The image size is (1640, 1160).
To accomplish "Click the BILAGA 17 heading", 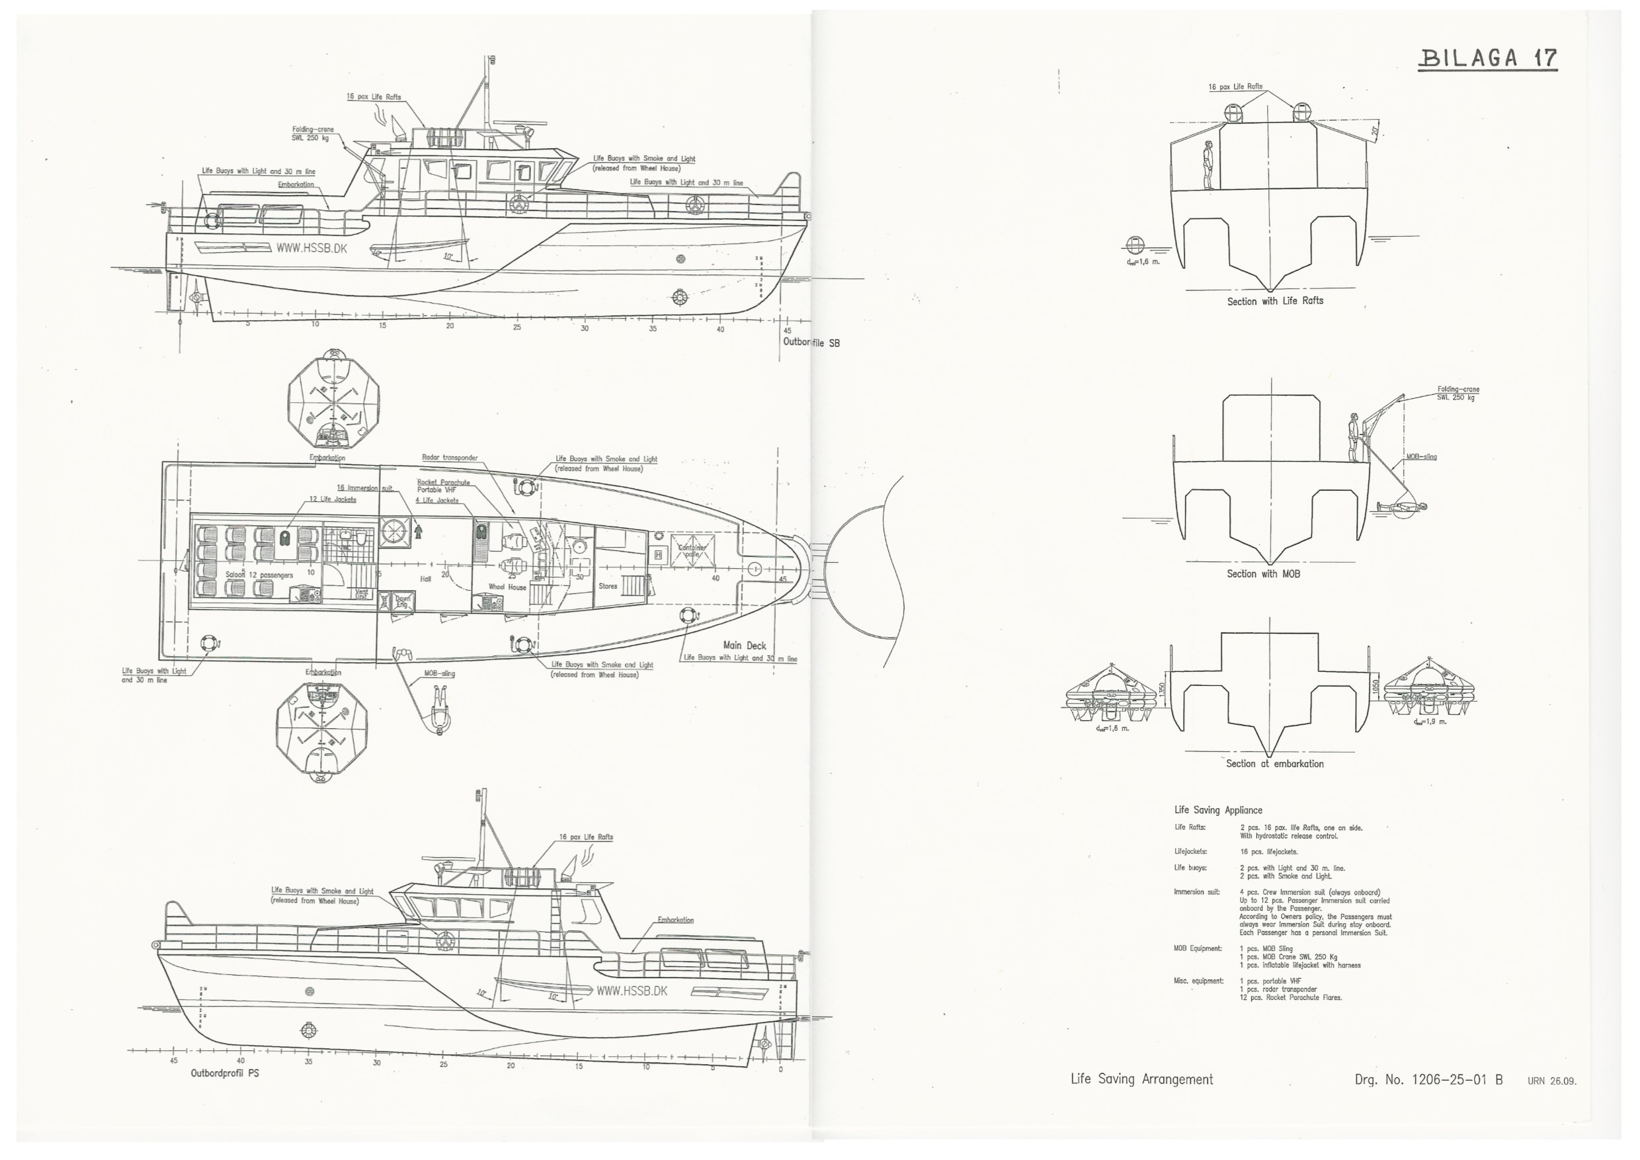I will point(1487,57).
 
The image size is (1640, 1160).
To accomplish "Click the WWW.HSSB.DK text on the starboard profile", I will point(311,249).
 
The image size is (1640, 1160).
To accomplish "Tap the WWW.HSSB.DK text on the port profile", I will point(632,991).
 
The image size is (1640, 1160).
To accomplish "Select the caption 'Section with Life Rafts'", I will point(1275,301).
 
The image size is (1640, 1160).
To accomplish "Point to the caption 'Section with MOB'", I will point(1263,573).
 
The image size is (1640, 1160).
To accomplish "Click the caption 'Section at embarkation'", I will point(1275,764).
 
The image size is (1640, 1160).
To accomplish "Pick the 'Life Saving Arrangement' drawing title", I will point(1141,1079).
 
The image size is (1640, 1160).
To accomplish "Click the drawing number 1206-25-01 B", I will point(1428,1080).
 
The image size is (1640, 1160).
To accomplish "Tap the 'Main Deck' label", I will point(745,645).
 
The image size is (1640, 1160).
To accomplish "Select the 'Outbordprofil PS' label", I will point(225,1073).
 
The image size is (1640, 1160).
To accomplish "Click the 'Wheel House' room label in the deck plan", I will point(507,587).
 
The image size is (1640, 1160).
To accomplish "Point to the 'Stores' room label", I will point(608,586).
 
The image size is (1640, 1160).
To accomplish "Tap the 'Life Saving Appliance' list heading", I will point(1218,810).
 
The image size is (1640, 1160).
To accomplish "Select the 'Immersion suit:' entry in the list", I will point(1196,892).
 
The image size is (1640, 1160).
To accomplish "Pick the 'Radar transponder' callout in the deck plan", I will point(449,458).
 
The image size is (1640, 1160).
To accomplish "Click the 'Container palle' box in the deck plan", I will point(692,551).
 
